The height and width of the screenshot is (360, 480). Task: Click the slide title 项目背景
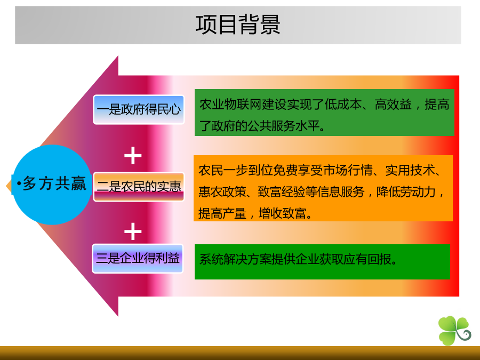[x=238, y=25]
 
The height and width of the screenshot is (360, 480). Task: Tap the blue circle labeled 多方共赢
[x=52, y=185]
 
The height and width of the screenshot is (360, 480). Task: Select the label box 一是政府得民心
[x=139, y=109]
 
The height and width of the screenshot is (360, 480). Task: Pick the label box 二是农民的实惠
[x=139, y=187]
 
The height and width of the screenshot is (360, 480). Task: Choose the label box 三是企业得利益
[x=138, y=258]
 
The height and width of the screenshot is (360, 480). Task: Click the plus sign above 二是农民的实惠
[x=133, y=156]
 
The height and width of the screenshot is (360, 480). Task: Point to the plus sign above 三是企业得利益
[x=133, y=231]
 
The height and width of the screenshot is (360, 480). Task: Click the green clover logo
[x=454, y=331]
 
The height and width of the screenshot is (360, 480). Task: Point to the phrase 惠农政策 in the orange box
[x=222, y=192]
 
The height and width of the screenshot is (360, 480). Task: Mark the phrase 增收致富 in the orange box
[x=282, y=213]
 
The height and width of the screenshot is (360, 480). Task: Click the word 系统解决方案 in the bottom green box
[x=235, y=259]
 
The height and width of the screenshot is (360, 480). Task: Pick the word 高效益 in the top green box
[x=393, y=105]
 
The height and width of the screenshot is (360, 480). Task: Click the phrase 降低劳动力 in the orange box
[x=406, y=192]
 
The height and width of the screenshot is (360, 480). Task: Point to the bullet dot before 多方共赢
[x=19, y=183]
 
